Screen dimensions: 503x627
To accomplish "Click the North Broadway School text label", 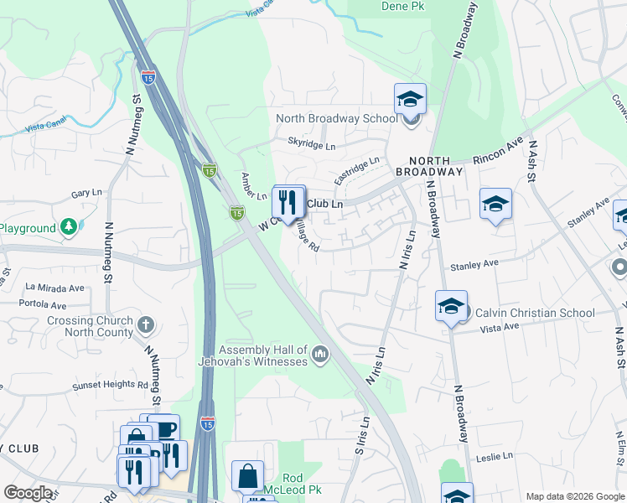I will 337,118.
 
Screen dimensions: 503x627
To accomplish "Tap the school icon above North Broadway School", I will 410,100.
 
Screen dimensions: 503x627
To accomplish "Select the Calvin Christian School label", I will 536,313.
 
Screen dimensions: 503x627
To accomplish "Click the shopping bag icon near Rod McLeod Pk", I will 247,476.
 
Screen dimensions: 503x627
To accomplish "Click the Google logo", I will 28,493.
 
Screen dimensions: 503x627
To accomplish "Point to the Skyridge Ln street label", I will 311,145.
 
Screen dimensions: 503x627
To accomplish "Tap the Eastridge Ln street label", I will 356,170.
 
